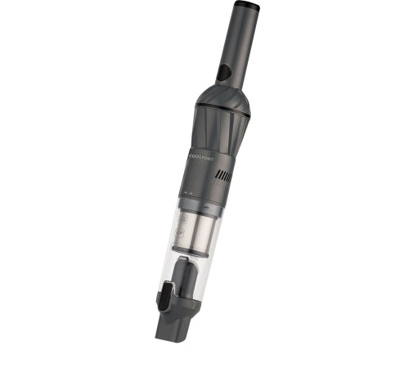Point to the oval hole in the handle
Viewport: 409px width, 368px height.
[x=223, y=74]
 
